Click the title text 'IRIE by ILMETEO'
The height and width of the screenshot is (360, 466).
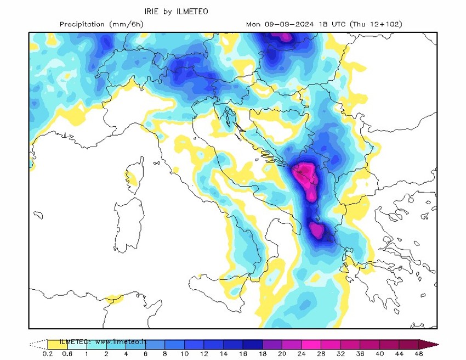pyautogui.click(x=176, y=11)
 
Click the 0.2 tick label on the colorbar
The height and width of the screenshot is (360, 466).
pyautogui.click(x=47, y=354)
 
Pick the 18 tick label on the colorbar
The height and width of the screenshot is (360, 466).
pyautogui.click(x=263, y=354)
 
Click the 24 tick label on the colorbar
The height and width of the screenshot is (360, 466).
pyautogui.click(x=302, y=354)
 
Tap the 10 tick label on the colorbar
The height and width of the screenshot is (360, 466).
pyautogui.click(x=184, y=354)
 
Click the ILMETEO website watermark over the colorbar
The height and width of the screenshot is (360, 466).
pyautogui.click(x=103, y=341)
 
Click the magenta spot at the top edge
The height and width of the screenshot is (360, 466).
pyautogui.click(x=283, y=36)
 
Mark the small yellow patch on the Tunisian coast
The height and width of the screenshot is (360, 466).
pyautogui.click(x=113, y=299)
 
